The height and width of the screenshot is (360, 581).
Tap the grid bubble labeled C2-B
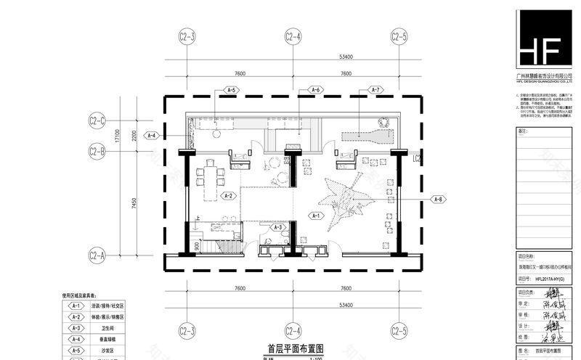(97, 152)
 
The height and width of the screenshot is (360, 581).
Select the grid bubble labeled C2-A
(97, 255)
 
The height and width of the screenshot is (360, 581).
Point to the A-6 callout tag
(315, 90)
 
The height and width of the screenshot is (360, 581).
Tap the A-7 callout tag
(375, 90)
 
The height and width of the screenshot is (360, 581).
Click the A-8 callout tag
(439, 198)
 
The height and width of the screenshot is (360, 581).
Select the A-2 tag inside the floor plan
(228, 196)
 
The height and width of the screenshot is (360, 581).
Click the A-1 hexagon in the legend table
(75, 306)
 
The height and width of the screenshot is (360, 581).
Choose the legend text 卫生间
(97, 327)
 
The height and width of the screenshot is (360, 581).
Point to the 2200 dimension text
(134, 136)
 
